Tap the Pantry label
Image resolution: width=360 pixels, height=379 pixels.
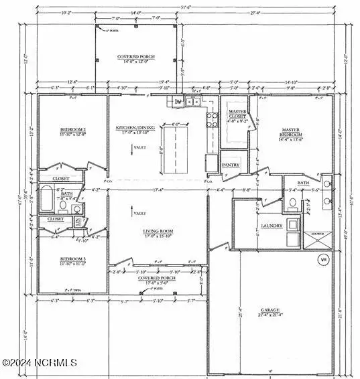click(x=232, y=164)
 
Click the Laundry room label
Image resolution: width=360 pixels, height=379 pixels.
click(x=272, y=226)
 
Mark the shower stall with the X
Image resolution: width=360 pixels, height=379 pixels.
click(x=316, y=240)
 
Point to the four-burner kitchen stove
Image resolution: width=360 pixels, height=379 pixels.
click(x=212, y=120)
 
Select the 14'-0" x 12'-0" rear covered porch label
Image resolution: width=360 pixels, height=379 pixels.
click(x=137, y=60)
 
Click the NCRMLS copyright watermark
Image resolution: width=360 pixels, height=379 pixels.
click(x=40, y=363)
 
